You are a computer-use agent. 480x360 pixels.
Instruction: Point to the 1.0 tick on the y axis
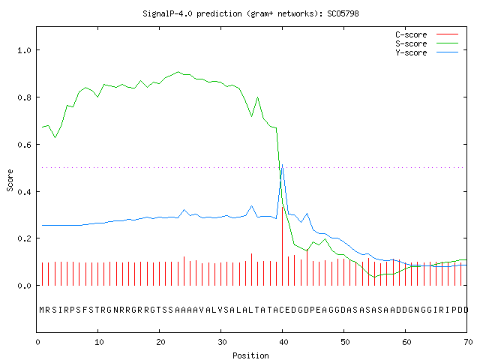(x=24, y=50)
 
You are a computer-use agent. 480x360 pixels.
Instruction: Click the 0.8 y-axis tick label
(x=24, y=97)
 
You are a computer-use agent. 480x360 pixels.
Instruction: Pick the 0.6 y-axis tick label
(x=24, y=145)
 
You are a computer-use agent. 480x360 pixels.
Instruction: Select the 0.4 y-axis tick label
(x=24, y=192)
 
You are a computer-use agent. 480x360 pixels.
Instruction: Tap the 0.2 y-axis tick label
(x=24, y=238)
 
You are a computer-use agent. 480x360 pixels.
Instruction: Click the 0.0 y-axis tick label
(x=24, y=286)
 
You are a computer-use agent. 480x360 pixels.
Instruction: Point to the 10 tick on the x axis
(x=99, y=342)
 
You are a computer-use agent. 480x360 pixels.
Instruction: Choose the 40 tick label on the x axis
(x=283, y=342)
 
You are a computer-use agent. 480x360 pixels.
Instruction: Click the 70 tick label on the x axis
(x=468, y=342)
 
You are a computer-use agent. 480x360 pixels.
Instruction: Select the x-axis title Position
(x=250, y=355)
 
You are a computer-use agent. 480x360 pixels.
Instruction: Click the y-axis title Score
(x=10, y=180)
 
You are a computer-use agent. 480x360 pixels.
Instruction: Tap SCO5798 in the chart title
(x=343, y=13)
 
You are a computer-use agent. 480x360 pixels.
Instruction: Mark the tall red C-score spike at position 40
(x=282, y=247)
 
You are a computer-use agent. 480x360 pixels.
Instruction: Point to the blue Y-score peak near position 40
(x=282, y=165)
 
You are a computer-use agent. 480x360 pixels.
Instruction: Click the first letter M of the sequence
(x=42, y=310)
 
